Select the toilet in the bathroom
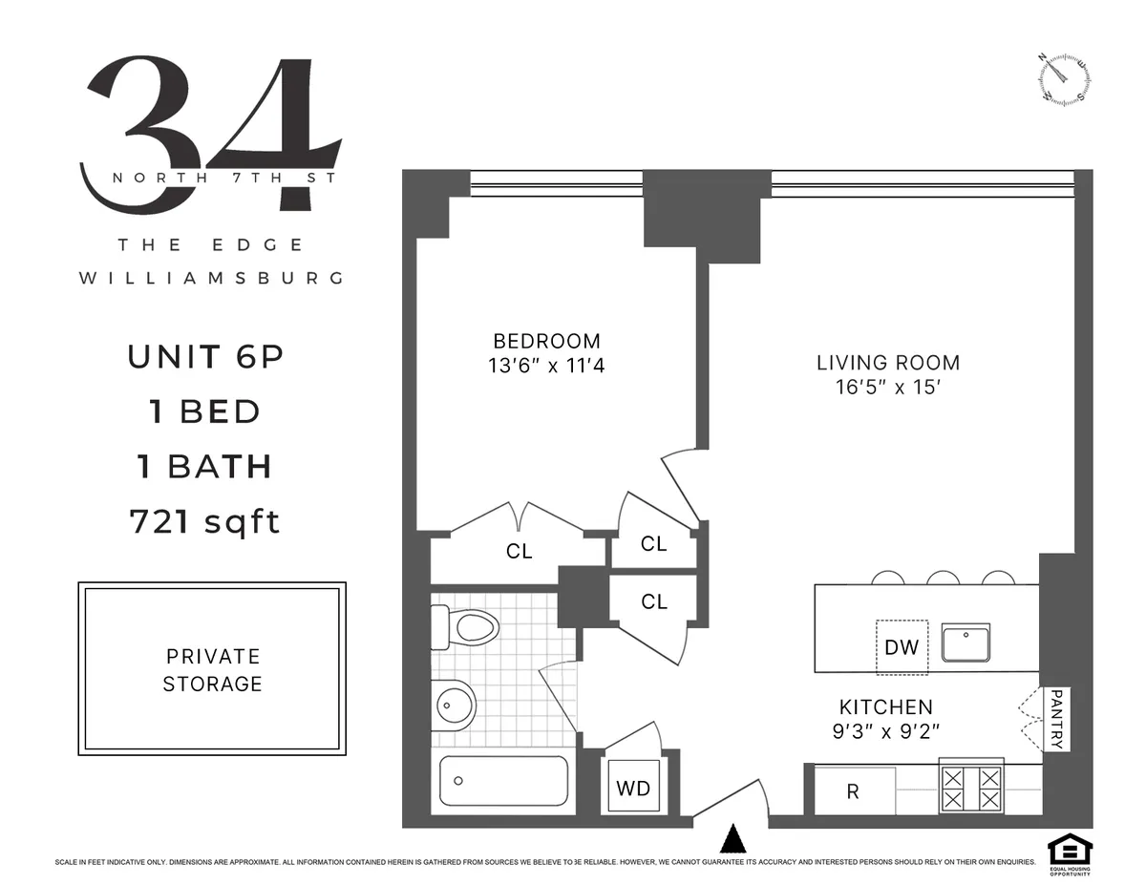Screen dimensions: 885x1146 pos(467,627)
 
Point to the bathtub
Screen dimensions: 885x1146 pos(503,781)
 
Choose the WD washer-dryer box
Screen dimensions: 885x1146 pos(632,788)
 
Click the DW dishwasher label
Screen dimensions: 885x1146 pos(901,647)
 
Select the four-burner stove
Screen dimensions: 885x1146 pos(971,788)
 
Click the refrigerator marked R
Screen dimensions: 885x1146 pos(854,791)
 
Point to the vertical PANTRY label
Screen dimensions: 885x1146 pos(1055,719)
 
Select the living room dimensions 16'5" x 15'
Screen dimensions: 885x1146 pos(888,387)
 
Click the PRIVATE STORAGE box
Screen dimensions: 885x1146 pos(212,669)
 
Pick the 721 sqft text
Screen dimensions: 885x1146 pos(204,521)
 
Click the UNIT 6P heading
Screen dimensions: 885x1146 pos(205,357)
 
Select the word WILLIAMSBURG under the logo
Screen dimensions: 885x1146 pos(210,279)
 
